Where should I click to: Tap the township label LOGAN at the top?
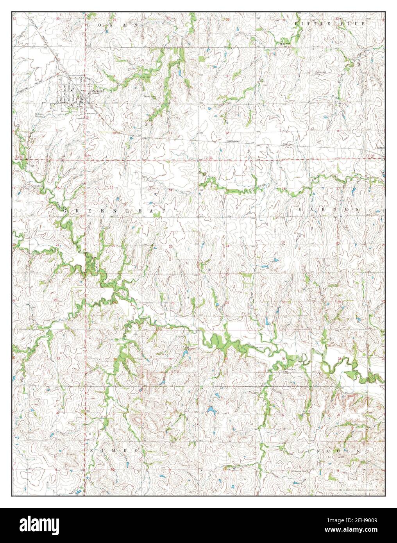click(112, 25)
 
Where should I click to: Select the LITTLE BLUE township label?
click(329, 24)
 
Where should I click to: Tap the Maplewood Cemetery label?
click(321, 73)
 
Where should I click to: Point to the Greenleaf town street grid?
click(70, 94)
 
